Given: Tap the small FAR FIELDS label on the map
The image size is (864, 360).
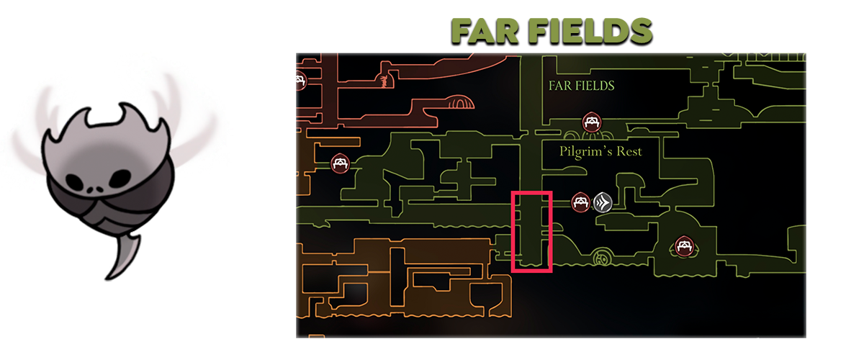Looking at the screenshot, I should (581, 86).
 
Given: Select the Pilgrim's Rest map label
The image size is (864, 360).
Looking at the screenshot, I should (600, 152).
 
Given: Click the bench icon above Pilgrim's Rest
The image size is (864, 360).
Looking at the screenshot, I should (591, 122).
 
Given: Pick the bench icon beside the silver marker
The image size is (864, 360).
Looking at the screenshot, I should (580, 202).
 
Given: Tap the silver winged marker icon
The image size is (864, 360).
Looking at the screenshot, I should (603, 202).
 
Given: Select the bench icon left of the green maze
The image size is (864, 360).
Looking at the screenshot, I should (340, 163).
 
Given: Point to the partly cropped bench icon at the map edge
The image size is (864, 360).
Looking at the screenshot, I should (300, 79).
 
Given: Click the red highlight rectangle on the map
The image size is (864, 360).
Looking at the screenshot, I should (531, 232).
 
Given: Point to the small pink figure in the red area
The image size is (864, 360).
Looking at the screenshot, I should (384, 76).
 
